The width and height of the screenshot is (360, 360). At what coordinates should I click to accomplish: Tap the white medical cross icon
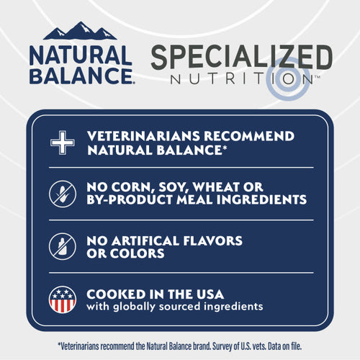pyautogui.click(x=62, y=143)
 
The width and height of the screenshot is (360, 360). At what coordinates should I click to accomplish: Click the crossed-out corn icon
pyautogui.click(x=62, y=194)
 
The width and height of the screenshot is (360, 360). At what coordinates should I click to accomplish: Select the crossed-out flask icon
pyautogui.click(x=62, y=246)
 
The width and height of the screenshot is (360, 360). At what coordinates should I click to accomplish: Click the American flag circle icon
pyautogui.click(x=62, y=299)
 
